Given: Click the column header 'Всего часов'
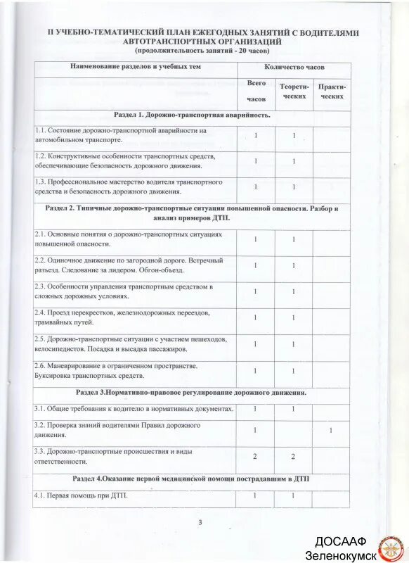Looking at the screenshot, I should (256, 91).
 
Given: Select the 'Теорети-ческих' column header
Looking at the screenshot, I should (294, 90).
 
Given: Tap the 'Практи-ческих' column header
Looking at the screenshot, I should (332, 90).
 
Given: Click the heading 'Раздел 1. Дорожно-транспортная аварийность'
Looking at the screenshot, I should (192, 114).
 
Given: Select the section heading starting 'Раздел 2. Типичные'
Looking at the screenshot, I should (192, 213).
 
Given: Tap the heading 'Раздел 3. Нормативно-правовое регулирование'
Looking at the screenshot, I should (192, 392).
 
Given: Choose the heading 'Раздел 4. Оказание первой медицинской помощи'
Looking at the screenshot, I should (192, 479).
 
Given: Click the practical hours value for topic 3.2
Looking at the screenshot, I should (331, 430).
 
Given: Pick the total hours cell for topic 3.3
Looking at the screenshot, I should (255, 456).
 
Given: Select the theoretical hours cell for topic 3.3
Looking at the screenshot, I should (294, 456).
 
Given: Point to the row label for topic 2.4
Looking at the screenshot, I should (116, 317).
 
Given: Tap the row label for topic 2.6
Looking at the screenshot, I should (116, 371).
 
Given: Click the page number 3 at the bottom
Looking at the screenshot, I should (200, 521).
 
